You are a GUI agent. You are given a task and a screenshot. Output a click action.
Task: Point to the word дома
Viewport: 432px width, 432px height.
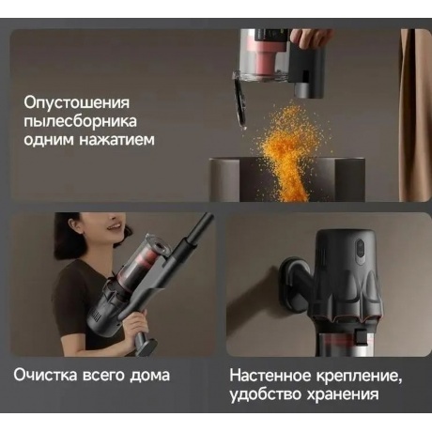pos(150,375)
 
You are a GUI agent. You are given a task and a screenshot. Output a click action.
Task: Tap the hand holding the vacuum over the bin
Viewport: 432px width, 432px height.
pos(310,37)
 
